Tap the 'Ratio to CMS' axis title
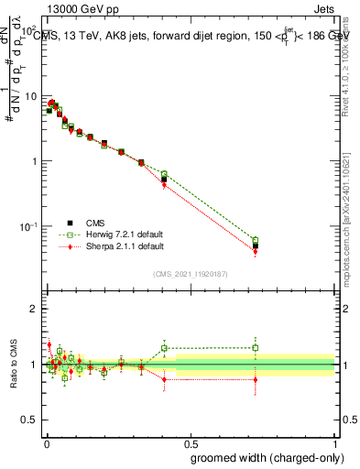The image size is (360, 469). point(14,365)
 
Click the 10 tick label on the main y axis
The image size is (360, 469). point(30,96)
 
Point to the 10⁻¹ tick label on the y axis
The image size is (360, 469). point(28,226)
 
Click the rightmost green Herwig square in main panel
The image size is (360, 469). point(256,241)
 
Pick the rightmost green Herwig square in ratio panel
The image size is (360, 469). point(256,347)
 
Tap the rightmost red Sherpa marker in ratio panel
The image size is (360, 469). point(256,379)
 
